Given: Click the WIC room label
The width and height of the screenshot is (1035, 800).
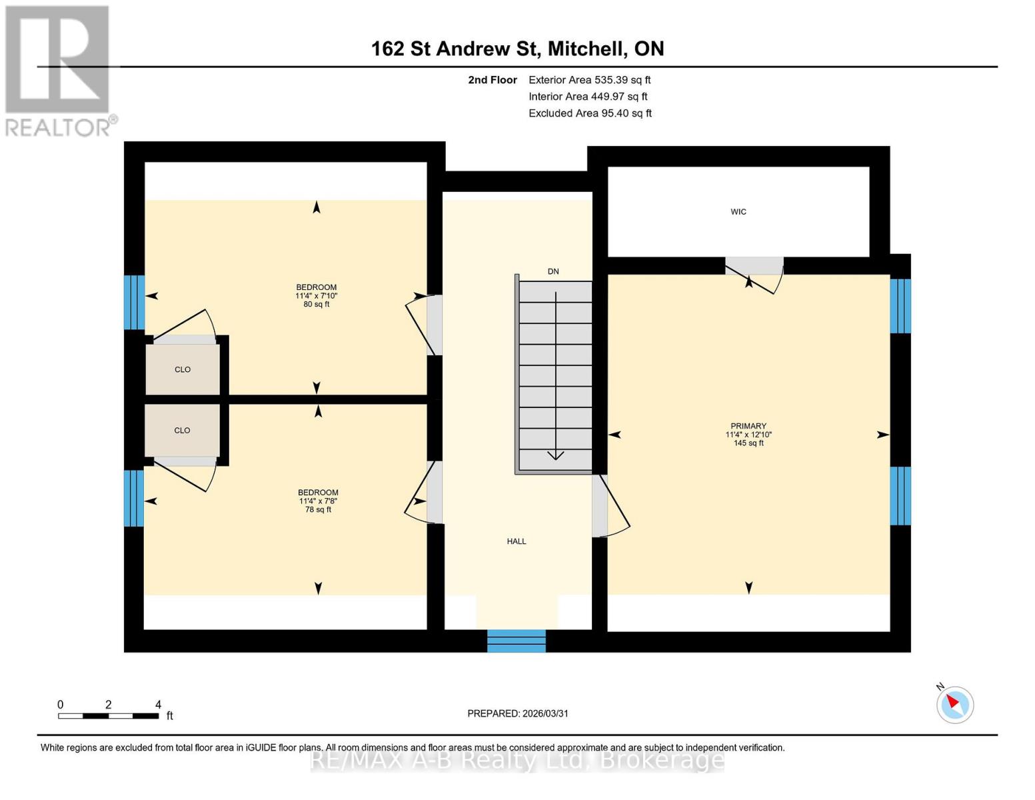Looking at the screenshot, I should coord(738,212).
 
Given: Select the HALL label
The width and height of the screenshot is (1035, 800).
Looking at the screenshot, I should coord(517,541).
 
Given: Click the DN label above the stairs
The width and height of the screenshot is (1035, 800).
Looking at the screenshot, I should coord(553,271).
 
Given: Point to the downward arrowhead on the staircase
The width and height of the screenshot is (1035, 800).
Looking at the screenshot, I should coord(556,455).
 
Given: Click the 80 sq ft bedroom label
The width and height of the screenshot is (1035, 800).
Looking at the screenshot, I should coord(317,296).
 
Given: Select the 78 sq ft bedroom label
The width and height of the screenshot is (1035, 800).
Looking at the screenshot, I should coord(318,501).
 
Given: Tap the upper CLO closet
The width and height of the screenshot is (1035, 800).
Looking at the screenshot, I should coord(183,369).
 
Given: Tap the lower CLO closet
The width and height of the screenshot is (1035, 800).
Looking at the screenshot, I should coord(182,431).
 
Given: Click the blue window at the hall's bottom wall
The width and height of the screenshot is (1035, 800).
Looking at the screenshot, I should coord(517,641).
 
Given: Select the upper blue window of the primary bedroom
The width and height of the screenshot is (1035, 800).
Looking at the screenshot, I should coord(900,306).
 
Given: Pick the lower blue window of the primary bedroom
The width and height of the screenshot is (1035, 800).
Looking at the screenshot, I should coord(900,495).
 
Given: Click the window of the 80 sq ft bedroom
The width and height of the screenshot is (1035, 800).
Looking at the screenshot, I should coord(134,303).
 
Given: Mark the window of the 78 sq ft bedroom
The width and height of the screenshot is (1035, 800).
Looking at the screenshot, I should coord(134,498).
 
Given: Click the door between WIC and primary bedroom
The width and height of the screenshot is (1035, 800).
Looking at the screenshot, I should coord(754,267).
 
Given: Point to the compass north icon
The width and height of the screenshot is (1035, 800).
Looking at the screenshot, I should coord(955,704).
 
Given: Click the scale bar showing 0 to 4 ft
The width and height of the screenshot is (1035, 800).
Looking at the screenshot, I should coord(109,715).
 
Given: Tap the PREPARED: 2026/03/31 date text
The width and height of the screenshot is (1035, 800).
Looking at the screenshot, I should coord(518,713).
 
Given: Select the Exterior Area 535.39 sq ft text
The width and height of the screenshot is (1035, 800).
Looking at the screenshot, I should coord(589,80).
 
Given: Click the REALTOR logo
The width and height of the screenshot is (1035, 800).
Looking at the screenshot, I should coord(59,70).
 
